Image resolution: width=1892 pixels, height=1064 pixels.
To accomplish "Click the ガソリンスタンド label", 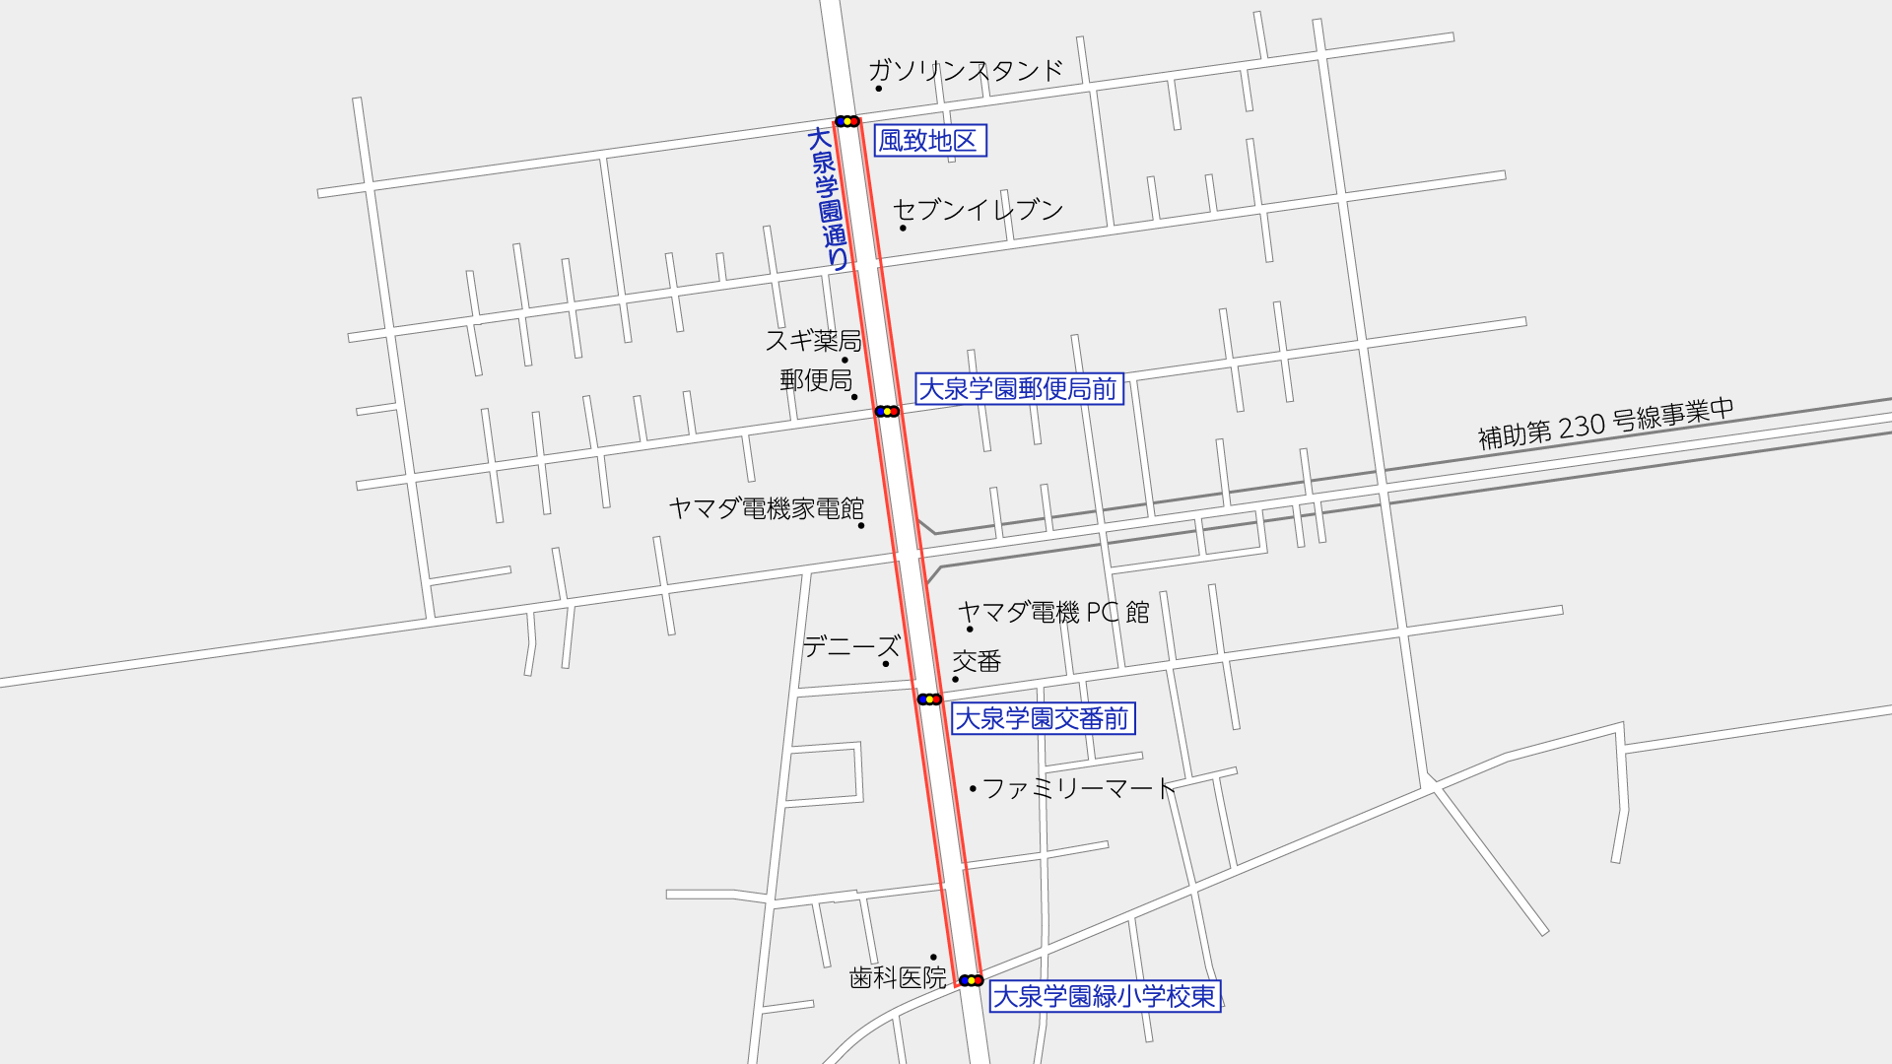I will pos(965,71).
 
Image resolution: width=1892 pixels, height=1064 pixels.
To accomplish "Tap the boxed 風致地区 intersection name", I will pos(929,141).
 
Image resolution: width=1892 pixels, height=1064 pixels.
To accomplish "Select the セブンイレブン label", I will pos(978,210).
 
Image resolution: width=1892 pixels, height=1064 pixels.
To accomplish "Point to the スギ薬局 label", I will pos(813,341).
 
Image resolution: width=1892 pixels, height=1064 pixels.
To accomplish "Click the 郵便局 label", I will pos(816,380).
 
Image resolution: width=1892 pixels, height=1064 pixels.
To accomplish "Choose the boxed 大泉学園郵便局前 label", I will pos(1019,389).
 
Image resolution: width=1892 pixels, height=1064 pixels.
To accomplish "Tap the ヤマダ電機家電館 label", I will pos(766,508).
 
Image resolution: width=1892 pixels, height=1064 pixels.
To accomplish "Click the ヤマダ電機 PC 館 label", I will pos(1053,613).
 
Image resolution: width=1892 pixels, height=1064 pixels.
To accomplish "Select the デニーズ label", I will pos(851,647).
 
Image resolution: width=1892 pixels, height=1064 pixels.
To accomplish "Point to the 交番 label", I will pos(977,661).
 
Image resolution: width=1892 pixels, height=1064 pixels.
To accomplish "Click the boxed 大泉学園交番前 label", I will pos(1043,719).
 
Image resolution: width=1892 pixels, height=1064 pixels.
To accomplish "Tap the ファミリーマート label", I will pos(1079,788).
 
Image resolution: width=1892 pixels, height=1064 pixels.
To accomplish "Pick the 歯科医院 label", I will pos(898,977).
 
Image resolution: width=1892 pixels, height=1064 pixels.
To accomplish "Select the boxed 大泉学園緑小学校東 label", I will pos(1105,996).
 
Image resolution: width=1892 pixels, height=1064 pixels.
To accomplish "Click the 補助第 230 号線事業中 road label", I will pos(1605,424).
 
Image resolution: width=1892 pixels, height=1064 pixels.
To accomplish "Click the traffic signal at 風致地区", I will pos(846,121).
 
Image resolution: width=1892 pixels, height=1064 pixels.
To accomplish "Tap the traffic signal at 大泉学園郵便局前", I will pos(887,411).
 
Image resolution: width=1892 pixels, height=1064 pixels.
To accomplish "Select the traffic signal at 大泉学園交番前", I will pos(929,699).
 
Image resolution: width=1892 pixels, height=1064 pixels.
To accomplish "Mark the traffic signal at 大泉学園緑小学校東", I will pos(971,980).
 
